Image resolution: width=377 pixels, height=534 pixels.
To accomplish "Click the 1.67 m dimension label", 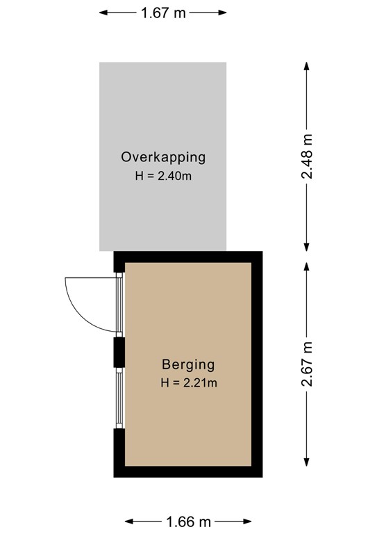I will pyautogui.click(x=163, y=13).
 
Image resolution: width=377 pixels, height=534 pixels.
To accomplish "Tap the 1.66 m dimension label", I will pyautogui.click(x=189, y=521).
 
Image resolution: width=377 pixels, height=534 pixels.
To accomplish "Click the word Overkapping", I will pyautogui.click(x=163, y=157).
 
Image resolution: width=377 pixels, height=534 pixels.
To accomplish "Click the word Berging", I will pyautogui.click(x=188, y=364).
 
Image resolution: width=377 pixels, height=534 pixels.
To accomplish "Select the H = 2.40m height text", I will pyautogui.click(x=163, y=176).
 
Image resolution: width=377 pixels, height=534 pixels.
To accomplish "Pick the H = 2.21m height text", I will pyautogui.click(x=188, y=382).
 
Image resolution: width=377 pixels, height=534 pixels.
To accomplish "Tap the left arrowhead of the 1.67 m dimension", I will pyautogui.click(x=103, y=13).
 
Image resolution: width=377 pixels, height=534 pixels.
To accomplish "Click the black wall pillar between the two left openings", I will pyautogui.click(x=119, y=352).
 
